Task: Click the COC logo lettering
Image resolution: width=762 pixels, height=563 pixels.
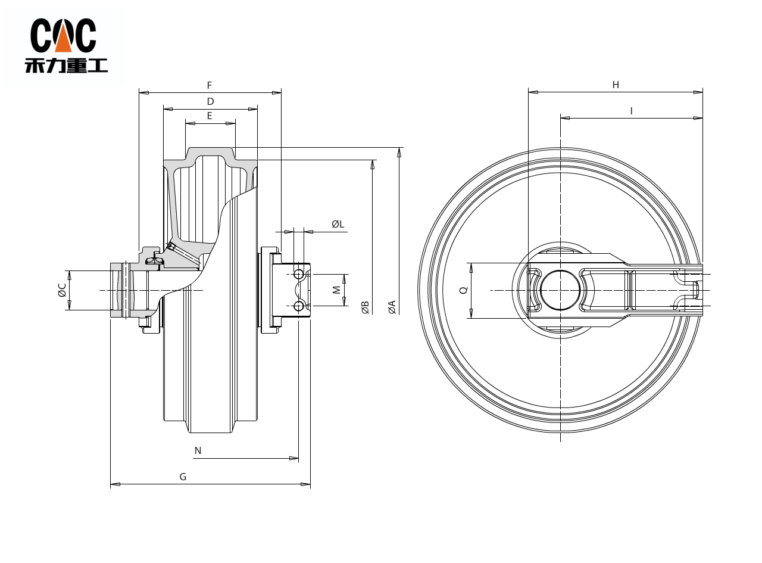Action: (63, 36)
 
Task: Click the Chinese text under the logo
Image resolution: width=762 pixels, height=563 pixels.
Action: (66, 64)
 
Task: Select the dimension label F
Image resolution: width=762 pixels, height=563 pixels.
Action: (210, 86)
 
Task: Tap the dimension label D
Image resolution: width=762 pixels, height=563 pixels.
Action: (210, 102)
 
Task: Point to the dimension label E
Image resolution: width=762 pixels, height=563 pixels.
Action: (210, 116)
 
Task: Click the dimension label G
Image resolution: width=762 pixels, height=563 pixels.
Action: (183, 477)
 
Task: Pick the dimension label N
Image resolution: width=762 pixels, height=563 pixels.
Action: (198, 451)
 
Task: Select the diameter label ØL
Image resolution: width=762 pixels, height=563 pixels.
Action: (338, 224)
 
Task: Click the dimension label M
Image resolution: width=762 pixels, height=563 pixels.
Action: (336, 290)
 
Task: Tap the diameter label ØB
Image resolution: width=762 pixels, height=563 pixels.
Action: (366, 307)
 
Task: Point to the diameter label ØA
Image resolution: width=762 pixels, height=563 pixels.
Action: (392, 307)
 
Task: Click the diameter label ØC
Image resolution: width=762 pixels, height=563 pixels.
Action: (62, 290)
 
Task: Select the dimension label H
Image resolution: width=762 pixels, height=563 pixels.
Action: (616, 85)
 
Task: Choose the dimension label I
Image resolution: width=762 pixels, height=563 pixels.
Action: (631, 111)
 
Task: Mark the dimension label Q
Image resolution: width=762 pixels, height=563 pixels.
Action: (464, 290)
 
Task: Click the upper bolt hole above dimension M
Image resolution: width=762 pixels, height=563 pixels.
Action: (299, 275)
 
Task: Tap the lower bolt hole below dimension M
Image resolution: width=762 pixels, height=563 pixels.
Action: (299, 306)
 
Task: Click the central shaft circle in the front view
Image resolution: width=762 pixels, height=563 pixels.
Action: (560, 290)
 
